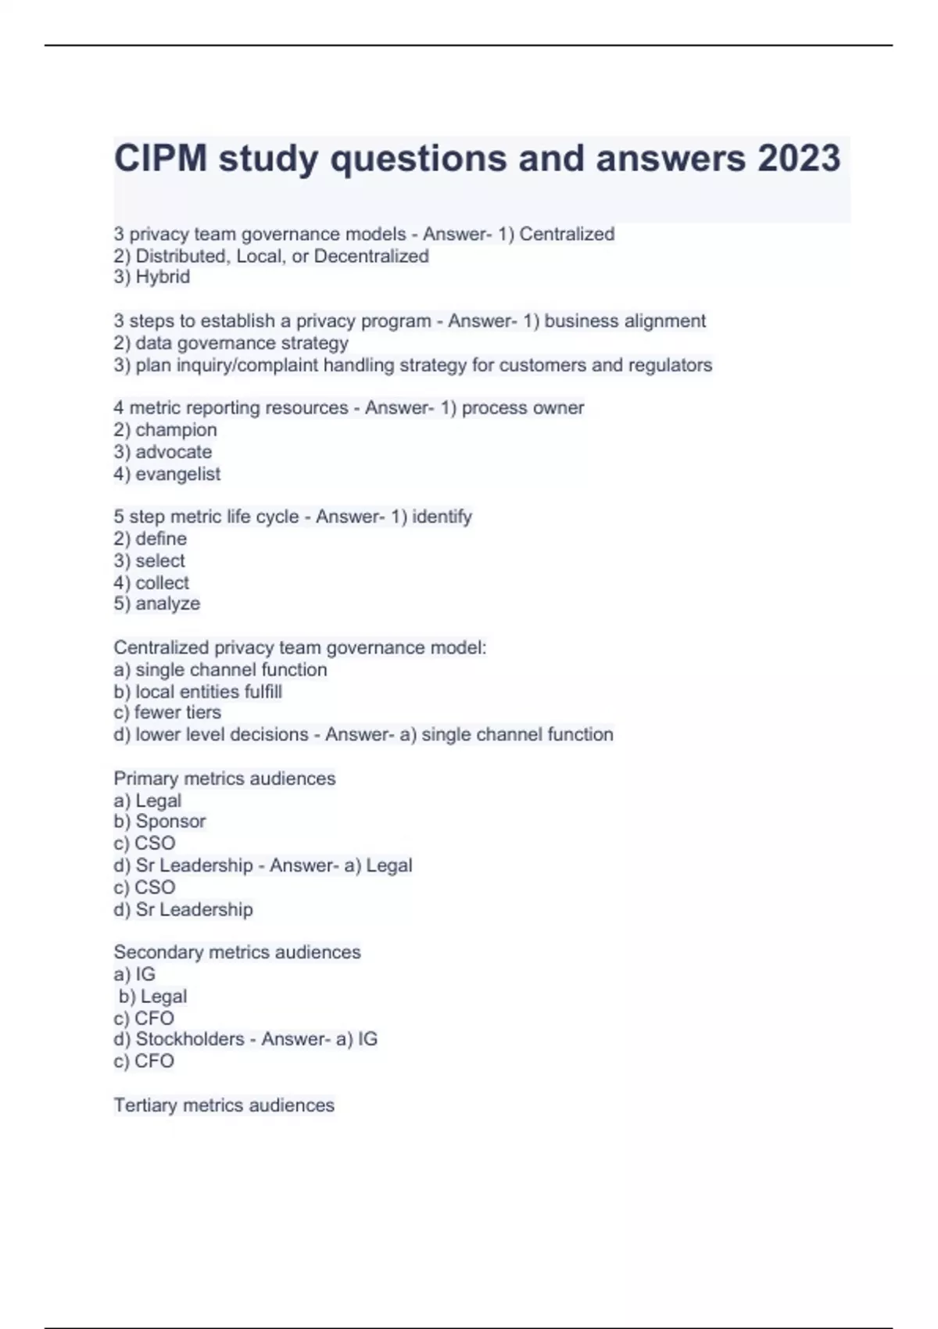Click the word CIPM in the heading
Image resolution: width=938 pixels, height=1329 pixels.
coord(161,159)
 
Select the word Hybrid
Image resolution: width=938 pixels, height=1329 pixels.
coord(163,277)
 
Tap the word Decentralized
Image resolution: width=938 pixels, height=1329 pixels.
coord(371,256)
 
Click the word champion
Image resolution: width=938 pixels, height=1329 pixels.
coord(176,430)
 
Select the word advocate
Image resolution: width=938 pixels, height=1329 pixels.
coord(174,452)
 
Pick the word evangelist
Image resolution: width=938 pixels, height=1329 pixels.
coord(177,474)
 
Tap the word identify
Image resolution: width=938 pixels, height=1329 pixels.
coord(442,517)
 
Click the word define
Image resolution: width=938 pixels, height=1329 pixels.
coord(161,539)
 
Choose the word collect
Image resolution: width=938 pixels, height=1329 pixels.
coord(162,582)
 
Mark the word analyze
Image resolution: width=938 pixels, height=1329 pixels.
coord(167,604)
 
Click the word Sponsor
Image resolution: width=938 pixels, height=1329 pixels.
coord(170,821)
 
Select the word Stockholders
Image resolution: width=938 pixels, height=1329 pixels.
coord(190,1039)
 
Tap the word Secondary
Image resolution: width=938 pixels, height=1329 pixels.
coord(155,952)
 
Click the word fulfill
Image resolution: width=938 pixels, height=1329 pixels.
coord(263,691)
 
